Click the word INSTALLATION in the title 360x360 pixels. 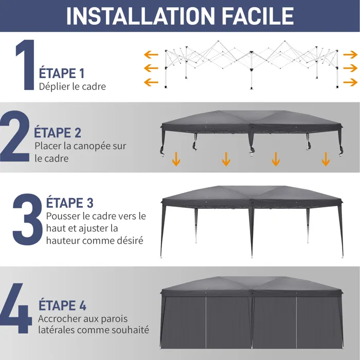click(140, 16)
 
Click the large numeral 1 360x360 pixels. click(26, 65)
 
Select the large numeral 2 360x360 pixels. click(15, 136)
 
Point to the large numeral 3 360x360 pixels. click(28, 219)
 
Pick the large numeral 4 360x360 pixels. click(15, 308)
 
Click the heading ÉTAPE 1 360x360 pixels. click(62, 73)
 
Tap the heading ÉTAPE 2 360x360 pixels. click(58, 132)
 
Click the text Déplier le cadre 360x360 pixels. click(73, 87)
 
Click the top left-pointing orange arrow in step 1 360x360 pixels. click(151, 55)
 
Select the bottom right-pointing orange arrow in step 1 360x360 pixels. click(350, 82)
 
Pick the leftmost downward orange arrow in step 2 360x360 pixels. click(176, 159)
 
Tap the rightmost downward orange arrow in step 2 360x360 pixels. click(326, 159)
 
